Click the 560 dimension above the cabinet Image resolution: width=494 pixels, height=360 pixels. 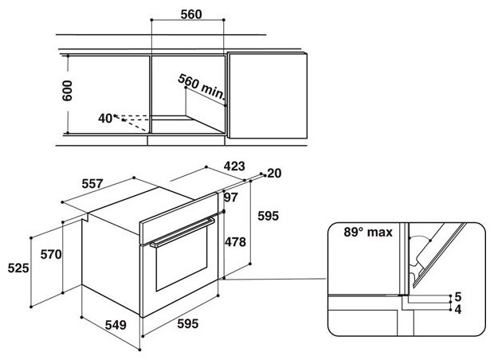[x=190, y=14]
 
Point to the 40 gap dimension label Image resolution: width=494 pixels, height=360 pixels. [x=105, y=118]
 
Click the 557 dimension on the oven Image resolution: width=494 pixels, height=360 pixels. [x=94, y=183]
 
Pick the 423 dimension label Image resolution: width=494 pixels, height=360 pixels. [x=233, y=168]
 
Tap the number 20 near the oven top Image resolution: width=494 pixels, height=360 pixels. [x=275, y=173]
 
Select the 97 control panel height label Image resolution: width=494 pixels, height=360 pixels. [x=232, y=197]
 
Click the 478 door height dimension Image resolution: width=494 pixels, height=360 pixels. [x=235, y=242]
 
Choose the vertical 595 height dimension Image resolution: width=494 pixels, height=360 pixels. [x=268, y=215]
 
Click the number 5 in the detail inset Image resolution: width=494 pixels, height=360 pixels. [x=457, y=296]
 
